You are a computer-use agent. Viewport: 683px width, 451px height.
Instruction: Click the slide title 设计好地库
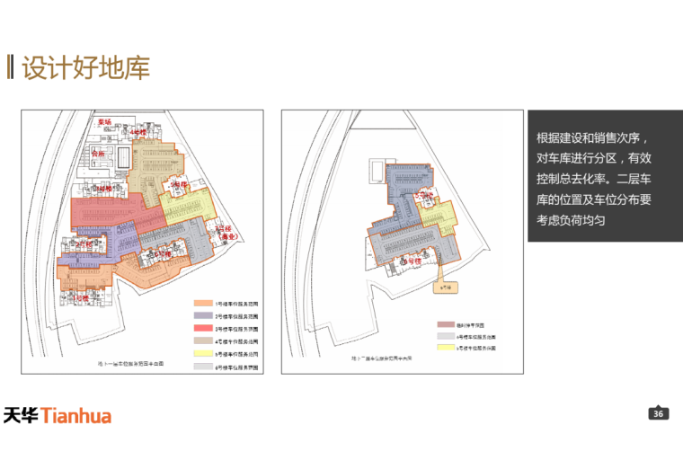pos(86,68)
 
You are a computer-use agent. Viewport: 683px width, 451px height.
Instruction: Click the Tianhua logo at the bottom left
pos(69,415)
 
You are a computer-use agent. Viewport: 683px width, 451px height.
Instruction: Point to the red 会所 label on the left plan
pos(99,154)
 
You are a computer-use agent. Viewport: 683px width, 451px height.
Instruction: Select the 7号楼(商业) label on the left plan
pos(220,231)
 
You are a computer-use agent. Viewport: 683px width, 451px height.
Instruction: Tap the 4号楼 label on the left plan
pos(138,132)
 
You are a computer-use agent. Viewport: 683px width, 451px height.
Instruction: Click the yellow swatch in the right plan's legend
pos(444,346)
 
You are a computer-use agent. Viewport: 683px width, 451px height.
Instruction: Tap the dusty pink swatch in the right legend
pos(444,323)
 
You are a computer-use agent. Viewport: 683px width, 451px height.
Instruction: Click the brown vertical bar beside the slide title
pos(10,68)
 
